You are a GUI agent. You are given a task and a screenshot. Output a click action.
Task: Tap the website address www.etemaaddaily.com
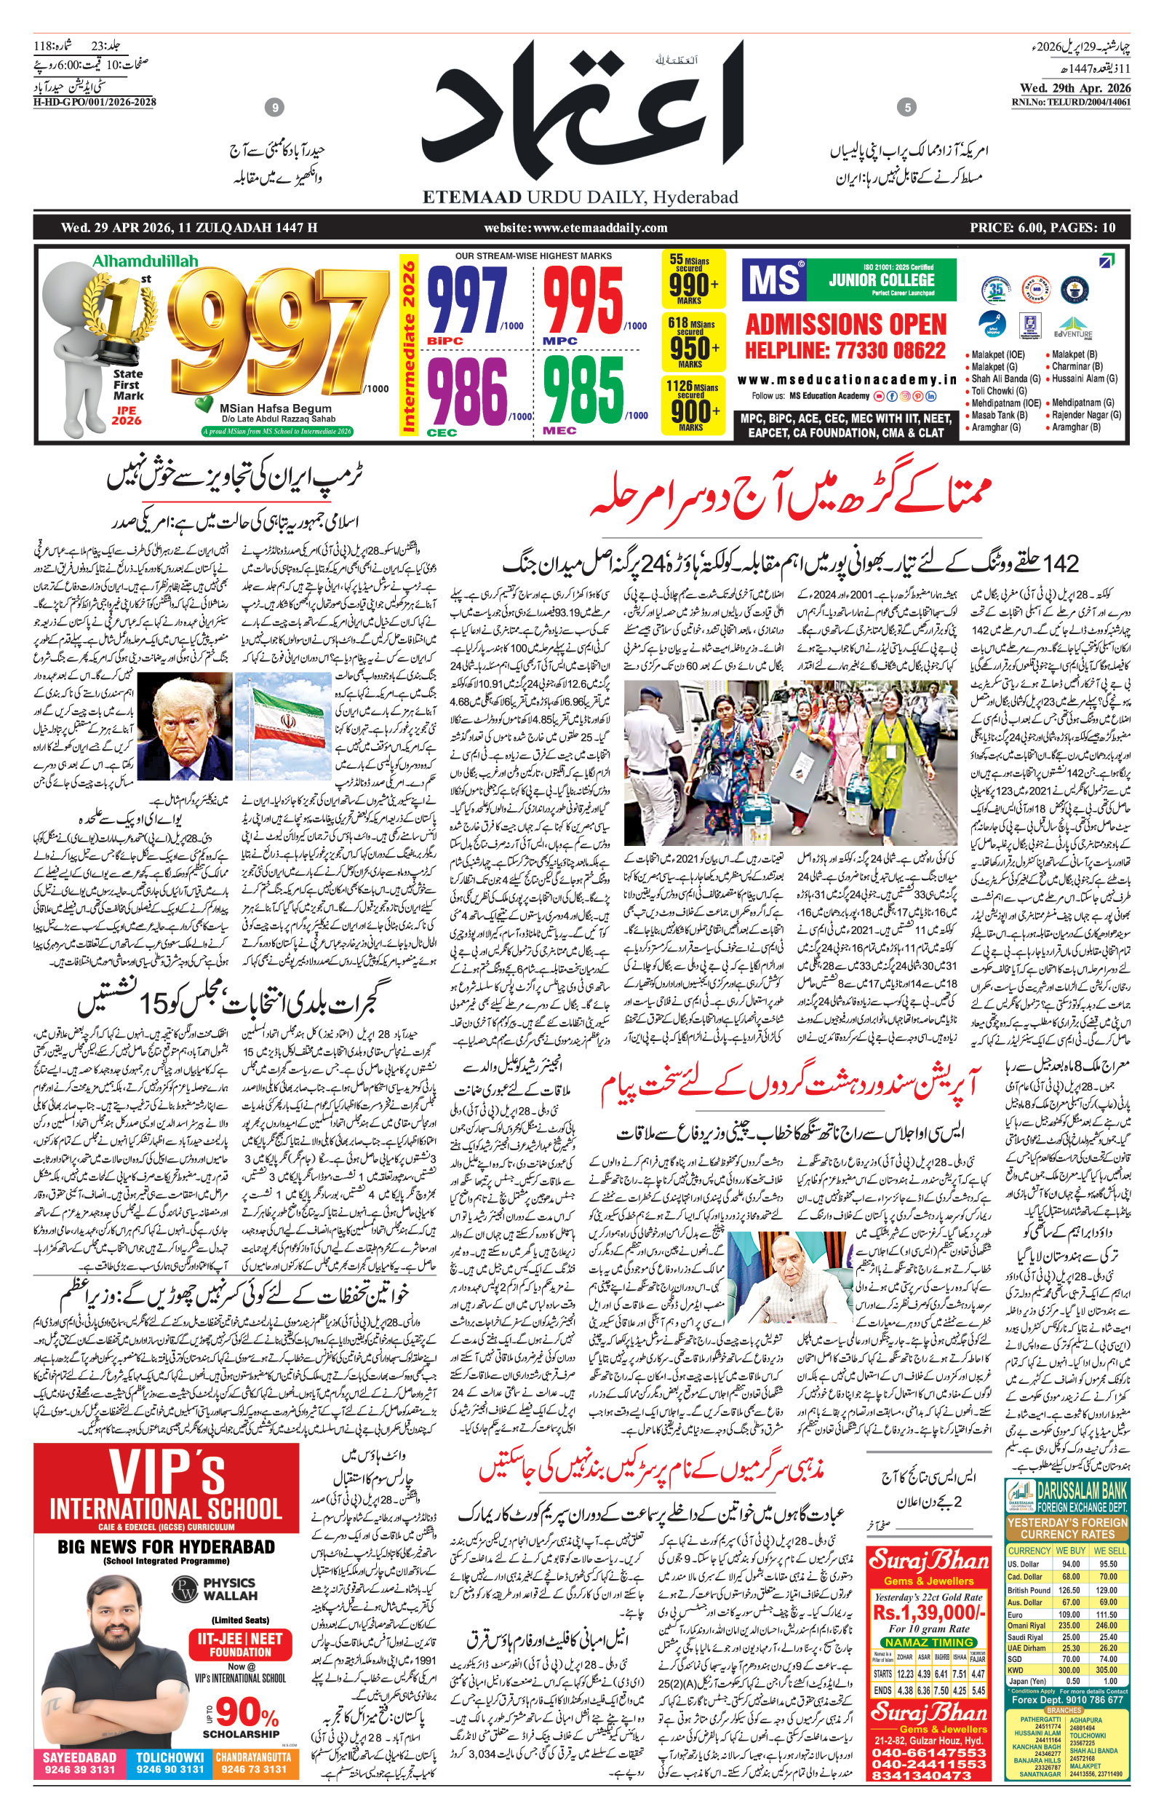click(x=575, y=228)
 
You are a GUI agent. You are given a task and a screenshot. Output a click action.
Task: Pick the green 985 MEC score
click(x=583, y=389)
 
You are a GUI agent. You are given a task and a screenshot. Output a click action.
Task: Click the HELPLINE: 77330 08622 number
click(x=845, y=351)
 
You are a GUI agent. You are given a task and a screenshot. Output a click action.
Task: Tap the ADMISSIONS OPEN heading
click(x=845, y=325)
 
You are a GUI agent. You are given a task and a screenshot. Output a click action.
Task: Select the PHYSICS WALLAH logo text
click(x=230, y=1588)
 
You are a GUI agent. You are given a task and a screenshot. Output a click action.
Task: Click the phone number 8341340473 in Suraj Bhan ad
click(x=928, y=1776)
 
